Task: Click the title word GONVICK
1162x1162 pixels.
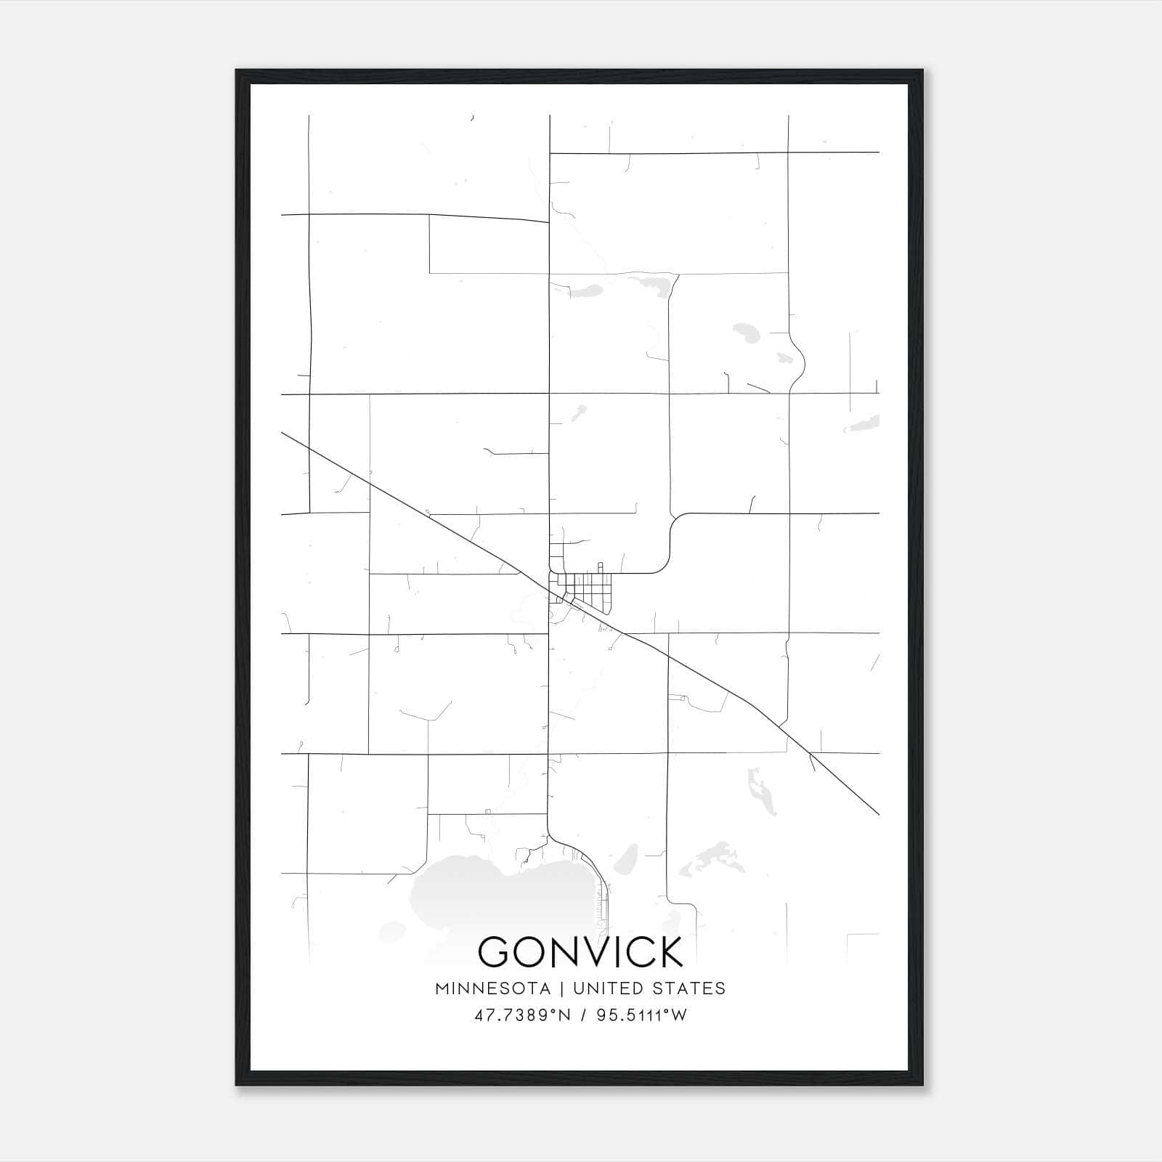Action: pyautogui.click(x=580, y=951)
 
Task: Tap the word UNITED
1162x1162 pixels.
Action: pyautogui.click(x=606, y=988)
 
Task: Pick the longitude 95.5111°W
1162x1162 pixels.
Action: pyautogui.click(x=641, y=1015)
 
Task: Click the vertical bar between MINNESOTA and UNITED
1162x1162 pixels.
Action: pyautogui.click(x=566, y=988)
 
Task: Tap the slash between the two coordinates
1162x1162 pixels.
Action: pyautogui.click(x=581, y=1015)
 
